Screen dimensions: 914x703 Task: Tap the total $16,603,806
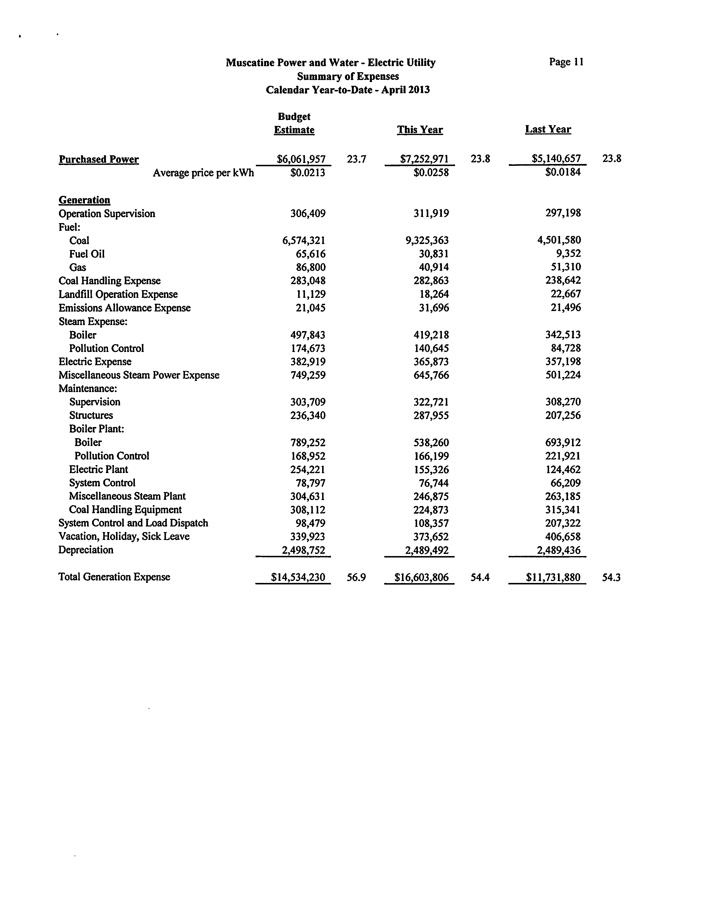coord(421,578)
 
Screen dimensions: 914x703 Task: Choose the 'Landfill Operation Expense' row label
coord(118,294)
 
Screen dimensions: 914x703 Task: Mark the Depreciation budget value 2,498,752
coord(303,550)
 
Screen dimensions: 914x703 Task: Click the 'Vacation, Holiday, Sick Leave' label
coord(124,537)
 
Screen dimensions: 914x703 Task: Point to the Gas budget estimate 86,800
coord(311,267)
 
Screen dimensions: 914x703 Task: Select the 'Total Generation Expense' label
coord(114,577)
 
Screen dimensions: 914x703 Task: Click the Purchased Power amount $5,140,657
coord(556,159)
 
